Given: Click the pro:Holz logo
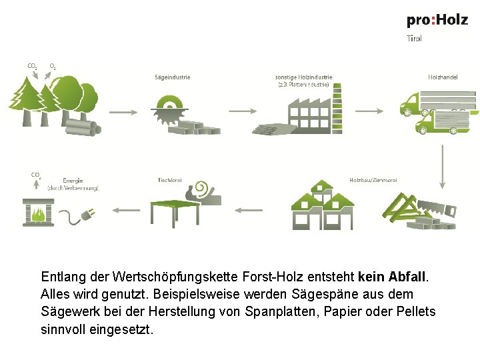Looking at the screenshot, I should (x=437, y=20).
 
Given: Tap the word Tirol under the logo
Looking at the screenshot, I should (x=414, y=39).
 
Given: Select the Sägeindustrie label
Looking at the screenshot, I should (x=173, y=77).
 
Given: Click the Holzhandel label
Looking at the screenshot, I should (x=443, y=77).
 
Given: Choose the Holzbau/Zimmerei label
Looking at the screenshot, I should (x=373, y=180).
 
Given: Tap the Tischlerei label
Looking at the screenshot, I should (x=170, y=180).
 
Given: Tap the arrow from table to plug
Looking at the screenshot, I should (x=124, y=211).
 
